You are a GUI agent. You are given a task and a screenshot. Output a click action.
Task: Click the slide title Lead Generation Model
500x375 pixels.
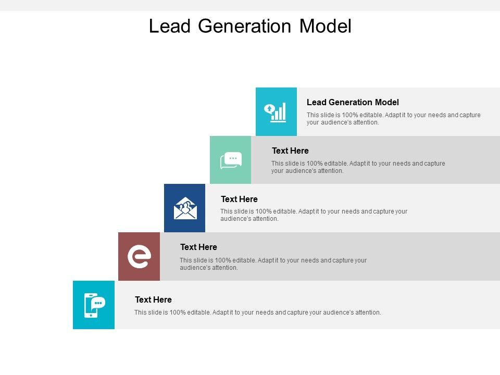[250, 26]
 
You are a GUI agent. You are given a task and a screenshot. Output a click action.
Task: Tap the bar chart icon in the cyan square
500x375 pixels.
[277, 111]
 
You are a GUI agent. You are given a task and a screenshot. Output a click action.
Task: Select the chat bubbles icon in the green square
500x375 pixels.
[231, 160]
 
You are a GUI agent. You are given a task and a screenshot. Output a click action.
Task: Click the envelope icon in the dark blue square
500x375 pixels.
[185, 208]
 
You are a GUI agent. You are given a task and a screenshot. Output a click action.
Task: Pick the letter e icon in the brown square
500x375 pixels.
[139, 256]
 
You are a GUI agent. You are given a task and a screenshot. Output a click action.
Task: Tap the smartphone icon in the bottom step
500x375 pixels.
[94, 305]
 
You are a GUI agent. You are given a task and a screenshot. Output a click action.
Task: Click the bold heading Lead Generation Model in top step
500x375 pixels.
[353, 102]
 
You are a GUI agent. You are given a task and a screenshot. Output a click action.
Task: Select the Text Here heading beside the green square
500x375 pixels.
[290, 151]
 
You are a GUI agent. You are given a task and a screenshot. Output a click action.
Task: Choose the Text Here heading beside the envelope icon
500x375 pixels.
[239, 199]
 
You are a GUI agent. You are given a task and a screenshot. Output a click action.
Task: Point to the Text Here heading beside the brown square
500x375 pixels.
[198, 247]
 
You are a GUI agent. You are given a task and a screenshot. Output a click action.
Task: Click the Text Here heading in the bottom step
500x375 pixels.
[153, 299]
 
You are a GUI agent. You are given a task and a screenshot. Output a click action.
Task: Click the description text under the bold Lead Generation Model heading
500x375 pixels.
[393, 119]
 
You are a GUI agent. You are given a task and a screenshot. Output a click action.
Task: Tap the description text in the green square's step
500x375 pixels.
[358, 167]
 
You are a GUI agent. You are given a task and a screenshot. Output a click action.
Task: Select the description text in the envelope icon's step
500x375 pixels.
[314, 215]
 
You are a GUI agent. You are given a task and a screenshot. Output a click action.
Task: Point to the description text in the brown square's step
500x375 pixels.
[273, 264]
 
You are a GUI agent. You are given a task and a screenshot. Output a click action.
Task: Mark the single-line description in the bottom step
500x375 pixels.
[257, 312]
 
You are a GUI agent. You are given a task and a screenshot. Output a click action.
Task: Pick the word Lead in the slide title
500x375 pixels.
[169, 26]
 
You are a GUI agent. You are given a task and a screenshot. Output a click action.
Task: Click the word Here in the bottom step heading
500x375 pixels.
[162, 299]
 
